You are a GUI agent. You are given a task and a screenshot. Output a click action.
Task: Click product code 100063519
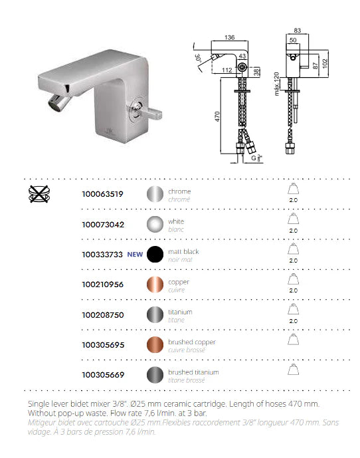tap(102, 194)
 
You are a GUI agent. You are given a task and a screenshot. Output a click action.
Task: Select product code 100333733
tap(102, 255)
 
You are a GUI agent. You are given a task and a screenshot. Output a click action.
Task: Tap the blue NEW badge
tap(135, 255)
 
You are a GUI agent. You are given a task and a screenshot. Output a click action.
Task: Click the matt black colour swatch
tap(155, 254)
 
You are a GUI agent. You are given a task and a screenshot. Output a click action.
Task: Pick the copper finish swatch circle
tap(155, 285)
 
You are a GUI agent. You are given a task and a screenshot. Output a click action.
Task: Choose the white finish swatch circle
tap(155, 224)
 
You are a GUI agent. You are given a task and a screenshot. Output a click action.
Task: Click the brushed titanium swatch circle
tap(155, 375)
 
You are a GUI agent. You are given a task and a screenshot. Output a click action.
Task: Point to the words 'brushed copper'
tap(192, 342)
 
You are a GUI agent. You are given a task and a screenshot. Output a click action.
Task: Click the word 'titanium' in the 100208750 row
tap(180, 312)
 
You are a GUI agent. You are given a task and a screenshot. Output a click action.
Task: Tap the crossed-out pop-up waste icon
tap(39, 194)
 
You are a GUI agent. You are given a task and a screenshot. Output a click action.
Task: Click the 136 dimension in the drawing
tap(230, 37)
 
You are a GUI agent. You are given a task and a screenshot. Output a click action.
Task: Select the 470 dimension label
tap(217, 116)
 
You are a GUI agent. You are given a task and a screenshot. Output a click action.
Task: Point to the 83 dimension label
tap(297, 31)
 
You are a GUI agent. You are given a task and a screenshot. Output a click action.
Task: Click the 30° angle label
tap(198, 58)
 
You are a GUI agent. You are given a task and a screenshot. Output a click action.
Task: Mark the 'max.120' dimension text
tap(276, 84)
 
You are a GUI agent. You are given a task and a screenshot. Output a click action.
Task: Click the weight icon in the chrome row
tap(293, 189)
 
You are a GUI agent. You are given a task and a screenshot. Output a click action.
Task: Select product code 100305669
tap(103, 375)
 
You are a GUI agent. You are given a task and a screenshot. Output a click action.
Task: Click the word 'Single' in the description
tap(39, 405)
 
